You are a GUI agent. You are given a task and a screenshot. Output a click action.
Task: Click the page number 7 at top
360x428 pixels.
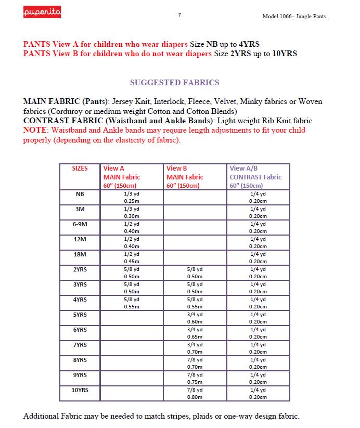(179, 15)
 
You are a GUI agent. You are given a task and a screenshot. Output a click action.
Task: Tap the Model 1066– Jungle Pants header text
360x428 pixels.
(294, 16)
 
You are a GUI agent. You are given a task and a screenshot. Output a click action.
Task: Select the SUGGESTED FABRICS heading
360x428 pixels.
(174, 82)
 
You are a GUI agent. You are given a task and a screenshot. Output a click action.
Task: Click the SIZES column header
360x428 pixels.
(80, 168)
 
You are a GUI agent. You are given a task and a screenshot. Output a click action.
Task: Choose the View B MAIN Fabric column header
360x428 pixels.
(185, 177)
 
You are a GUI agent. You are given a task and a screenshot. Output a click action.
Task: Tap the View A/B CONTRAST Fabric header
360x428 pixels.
(255, 177)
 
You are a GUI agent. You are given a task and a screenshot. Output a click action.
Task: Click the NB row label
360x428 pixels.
(80, 194)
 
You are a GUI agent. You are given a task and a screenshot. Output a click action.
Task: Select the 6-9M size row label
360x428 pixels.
(80, 224)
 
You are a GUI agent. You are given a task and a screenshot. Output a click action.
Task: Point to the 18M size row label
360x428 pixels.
(80, 254)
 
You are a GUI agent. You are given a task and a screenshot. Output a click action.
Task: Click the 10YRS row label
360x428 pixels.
(80, 390)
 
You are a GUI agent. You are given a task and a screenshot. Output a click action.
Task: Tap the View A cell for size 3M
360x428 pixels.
(131, 212)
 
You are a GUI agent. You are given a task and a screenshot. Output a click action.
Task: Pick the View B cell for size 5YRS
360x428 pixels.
(195, 318)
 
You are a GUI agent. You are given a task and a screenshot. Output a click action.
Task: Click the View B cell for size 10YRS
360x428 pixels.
(195, 393)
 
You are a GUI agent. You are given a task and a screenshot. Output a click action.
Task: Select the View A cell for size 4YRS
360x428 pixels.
(131, 303)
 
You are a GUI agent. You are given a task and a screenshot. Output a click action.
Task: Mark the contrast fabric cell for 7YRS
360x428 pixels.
(258, 348)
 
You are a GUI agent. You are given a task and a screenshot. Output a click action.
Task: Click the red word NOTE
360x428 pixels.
(35, 130)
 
